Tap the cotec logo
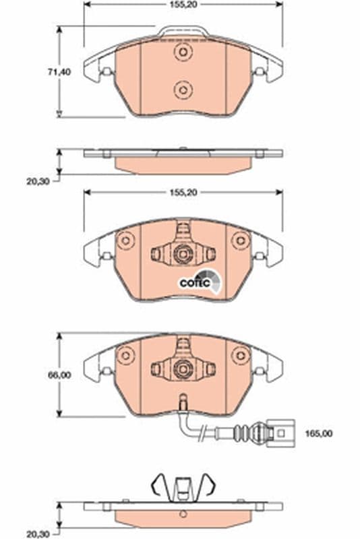(198, 282)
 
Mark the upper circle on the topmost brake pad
(182, 53)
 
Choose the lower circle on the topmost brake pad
(182, 88)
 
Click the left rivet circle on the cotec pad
(125, 241)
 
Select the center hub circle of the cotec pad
(182, 254)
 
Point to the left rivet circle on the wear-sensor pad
(125, 354)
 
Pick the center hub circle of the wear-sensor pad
(182, 368)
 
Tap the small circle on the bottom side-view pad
(182, 516)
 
